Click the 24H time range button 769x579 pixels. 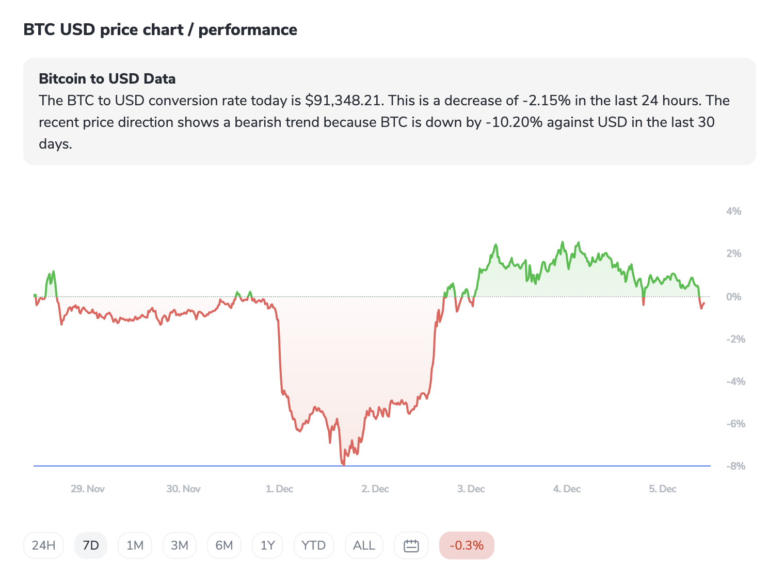[43, 545]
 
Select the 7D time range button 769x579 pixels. [91, 545]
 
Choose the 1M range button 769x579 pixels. [135, 545]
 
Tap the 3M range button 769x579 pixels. [179, 545]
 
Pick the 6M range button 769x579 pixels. [224, 545]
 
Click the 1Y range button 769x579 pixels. [267, 545]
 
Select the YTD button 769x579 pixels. [313, 545]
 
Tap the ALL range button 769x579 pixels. [364, 545]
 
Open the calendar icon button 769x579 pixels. [411, 545]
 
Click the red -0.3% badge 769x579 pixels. [467, 545]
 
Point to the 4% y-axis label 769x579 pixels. [733, 211]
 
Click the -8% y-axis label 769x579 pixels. [735, 466]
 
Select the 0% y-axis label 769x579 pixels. [733, 297]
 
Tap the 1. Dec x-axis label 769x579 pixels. [279, 489]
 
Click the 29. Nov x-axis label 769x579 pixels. [88, 489]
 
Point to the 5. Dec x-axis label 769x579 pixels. [662, 489]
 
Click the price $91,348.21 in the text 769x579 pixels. [344, 101]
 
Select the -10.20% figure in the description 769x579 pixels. [514, 122]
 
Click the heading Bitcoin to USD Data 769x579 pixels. [107, 79]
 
